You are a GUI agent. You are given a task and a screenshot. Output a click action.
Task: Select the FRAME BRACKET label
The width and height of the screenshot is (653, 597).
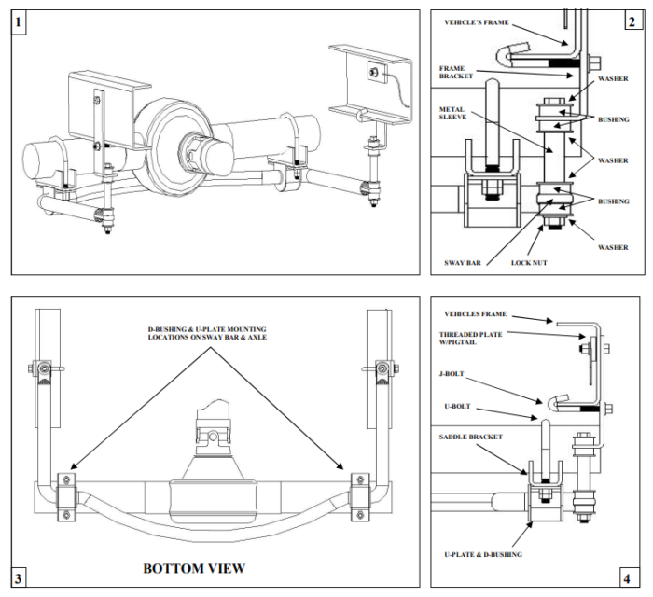pos(458,73)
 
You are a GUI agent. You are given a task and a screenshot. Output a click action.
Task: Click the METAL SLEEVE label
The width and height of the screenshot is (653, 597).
pos(455,114)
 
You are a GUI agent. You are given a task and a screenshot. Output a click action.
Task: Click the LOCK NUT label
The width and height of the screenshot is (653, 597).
pos(529,263)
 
